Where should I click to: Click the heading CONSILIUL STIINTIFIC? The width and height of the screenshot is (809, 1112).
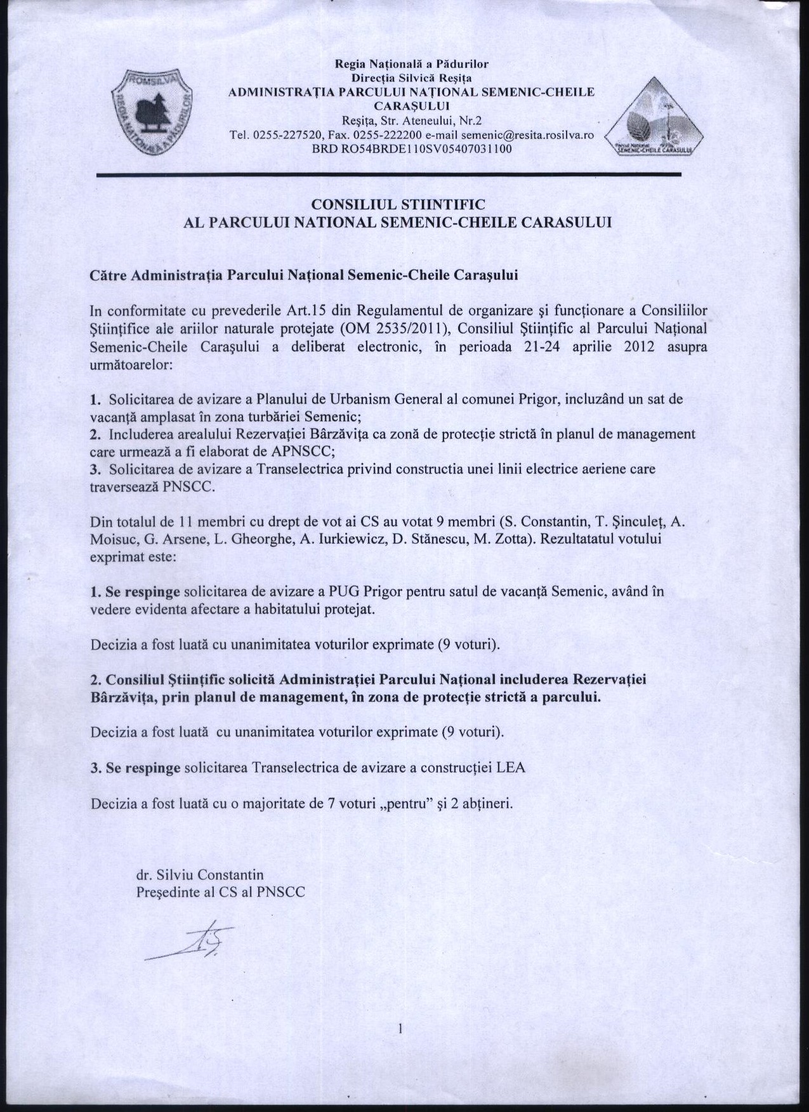coord(397,204)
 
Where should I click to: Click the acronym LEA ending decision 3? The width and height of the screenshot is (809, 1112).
coord(511,767)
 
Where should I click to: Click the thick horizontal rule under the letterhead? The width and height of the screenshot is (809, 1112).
coord(388,174)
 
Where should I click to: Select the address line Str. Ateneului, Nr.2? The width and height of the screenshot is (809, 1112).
coord(412,121)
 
